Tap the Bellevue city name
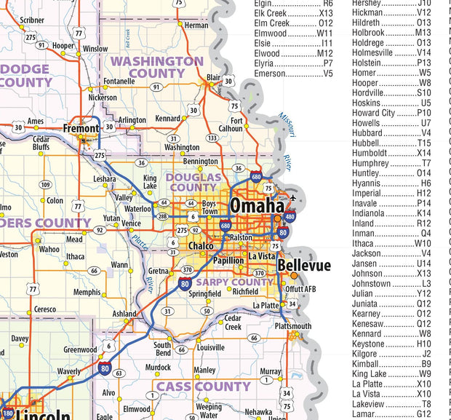[x=304, y=266]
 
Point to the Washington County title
[x=156, y=67]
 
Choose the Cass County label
[x=204, y=386]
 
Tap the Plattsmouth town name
[x=294, y=326]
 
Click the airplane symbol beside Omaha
[x=292, y=197]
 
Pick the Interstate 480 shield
[x=290, y=216]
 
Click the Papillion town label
[x=228, y=260]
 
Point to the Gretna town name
[x=160, y=270]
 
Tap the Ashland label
[x=124, y=314]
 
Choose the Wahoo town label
[x=49, y=249]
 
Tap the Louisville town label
[x=211, y=348]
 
